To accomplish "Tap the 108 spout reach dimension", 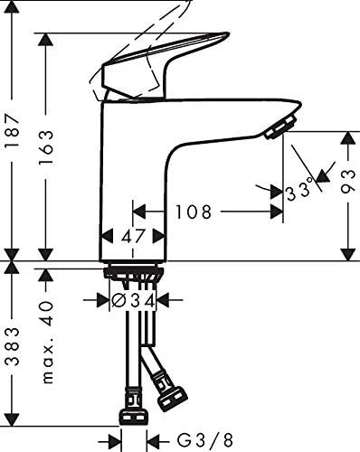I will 194,212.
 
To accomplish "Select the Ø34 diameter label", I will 133,299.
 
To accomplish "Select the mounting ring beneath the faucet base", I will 133,272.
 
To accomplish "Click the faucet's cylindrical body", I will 134,181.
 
